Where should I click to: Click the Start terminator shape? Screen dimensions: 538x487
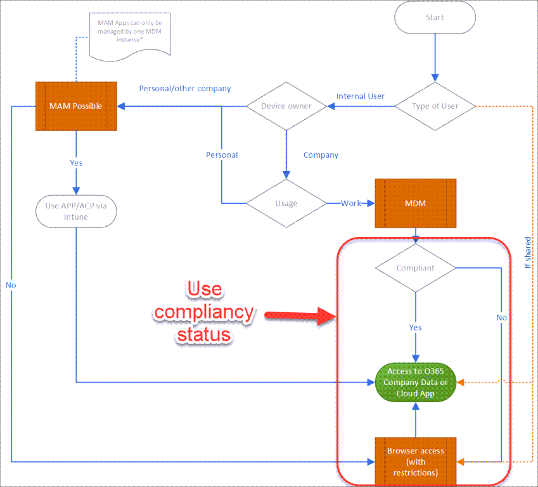click(x=435, y=18)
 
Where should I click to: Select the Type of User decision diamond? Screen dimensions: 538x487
click(x=435, y=106)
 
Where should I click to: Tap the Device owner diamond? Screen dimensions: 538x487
click(x=286, y=106)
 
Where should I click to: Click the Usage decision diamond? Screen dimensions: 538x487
click(x=286, y=203)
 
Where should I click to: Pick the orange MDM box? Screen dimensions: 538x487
click(x=416, y=203)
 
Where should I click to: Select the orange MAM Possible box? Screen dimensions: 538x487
click(x=76, y=106)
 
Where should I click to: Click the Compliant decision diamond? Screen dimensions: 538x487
click(x=416, y=268)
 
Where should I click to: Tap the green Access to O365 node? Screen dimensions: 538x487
click(x=416, y=383)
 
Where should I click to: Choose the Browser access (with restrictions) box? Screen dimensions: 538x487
click(x=416, y=461)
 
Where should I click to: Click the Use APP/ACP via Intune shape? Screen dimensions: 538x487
click(x=76, y=212)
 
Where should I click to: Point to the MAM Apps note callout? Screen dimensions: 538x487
click(x=130, y=36)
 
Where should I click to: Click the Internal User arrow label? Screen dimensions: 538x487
click(x=361, y=96)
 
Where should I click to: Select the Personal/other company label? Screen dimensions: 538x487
click(x=185, y=89)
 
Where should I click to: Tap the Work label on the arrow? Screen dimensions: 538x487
click(x=350, y=203)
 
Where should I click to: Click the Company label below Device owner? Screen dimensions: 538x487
click(x=321, y=155)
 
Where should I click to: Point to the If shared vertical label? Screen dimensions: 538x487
click(x=528, y=253)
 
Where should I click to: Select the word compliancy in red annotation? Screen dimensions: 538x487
click(x=204, y=313)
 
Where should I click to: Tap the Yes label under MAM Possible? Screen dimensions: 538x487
click(x=76, y=163)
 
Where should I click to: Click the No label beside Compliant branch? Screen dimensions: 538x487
click(x=502, y=318)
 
